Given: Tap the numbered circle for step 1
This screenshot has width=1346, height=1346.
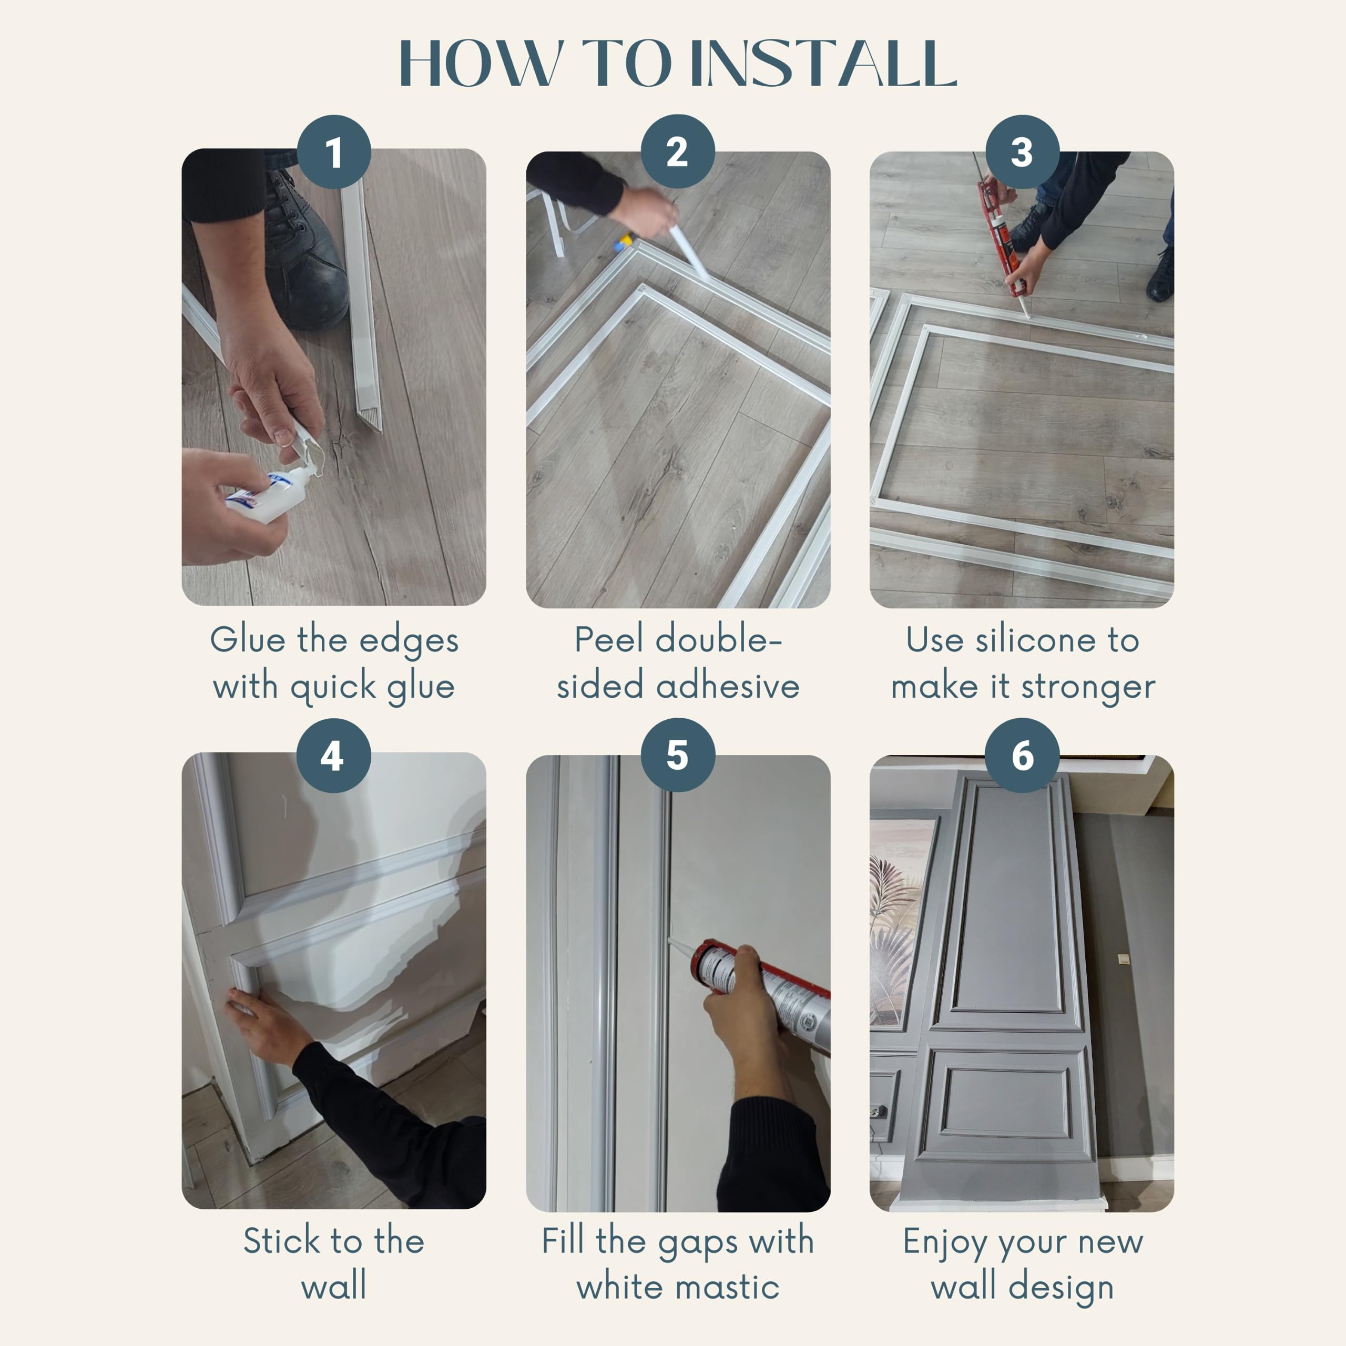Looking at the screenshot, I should point(334,152).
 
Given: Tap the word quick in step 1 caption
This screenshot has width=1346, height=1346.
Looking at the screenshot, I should point(333,688).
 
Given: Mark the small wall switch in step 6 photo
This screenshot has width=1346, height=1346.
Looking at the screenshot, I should point(1124,958).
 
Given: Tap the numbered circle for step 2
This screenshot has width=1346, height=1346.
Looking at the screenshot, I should point(677,152).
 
